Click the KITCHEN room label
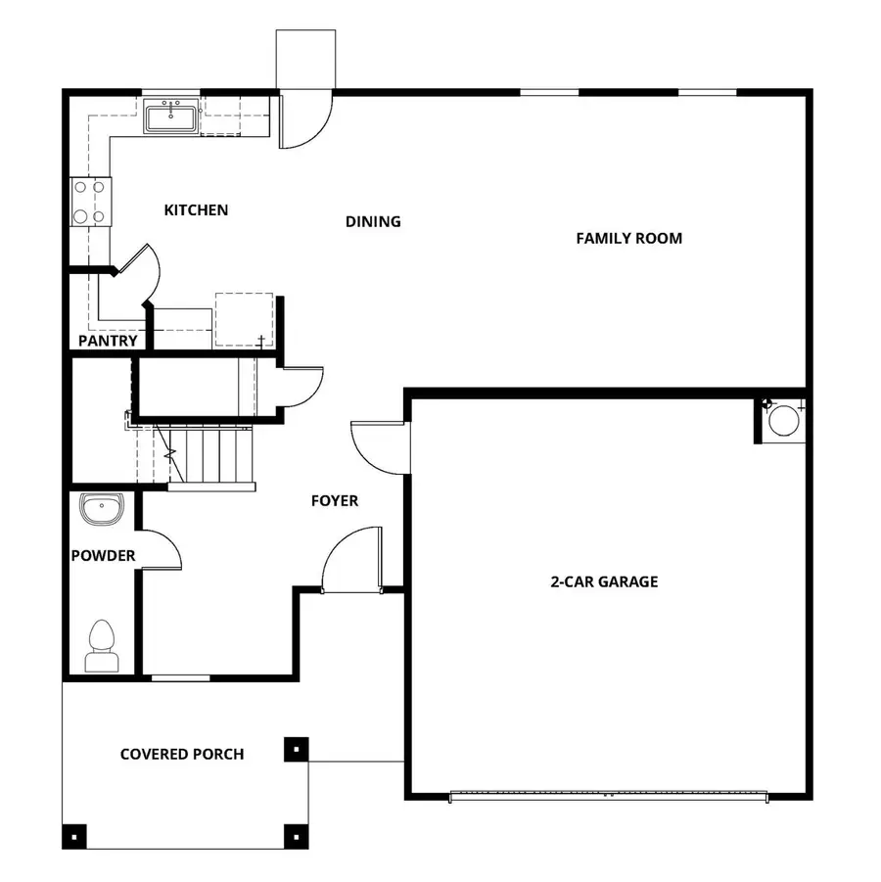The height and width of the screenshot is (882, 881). (196, 210)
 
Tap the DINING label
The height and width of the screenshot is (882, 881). (373, 221)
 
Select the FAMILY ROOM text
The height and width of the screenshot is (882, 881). (628, 238)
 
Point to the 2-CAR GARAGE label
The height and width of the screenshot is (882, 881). (603, 581)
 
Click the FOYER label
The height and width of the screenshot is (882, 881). (335, 501)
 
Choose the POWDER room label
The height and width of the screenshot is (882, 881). (103, 556)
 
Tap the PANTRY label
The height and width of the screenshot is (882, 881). (108, 342)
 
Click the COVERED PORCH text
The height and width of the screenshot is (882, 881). (182, 754)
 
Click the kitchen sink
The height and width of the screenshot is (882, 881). (172, 116)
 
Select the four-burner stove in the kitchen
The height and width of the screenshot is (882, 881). (90, 202)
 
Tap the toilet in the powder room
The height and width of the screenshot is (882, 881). (102, 647)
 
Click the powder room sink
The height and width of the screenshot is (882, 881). (102, 509)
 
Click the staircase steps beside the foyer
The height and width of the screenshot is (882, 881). (211, 455)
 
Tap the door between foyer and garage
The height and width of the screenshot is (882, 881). (380, 445)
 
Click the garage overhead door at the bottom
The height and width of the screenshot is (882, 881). (607, 796)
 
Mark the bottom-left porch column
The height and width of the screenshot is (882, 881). (75, 836)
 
